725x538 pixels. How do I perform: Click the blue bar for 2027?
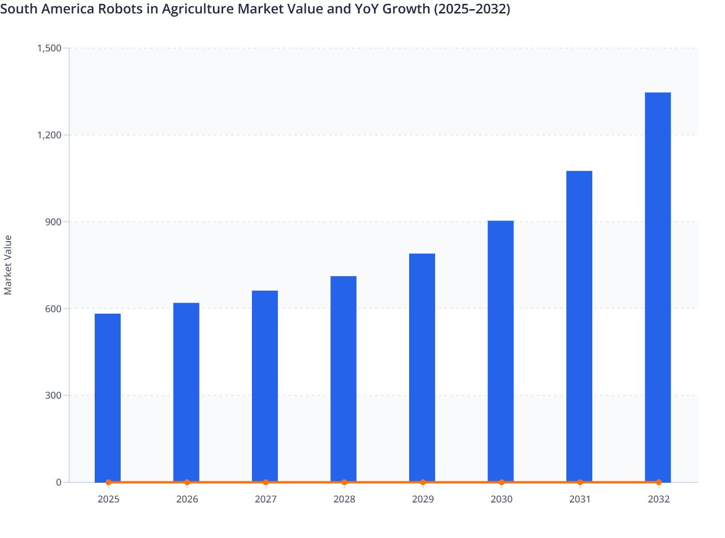[x=265, y=386]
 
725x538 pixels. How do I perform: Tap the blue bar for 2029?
[x=422, y=367]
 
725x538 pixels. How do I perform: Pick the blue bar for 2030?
[x=500, y=351]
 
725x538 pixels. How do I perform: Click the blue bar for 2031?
[x=579, y=326]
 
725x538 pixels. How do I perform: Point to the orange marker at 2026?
[x=187, y=482]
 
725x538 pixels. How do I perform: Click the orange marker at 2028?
[x=344, y=482]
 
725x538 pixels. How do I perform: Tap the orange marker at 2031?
[x=580, y=482]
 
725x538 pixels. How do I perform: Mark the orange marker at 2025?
[x=109, y=482]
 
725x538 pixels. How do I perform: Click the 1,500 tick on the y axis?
[x=49, y=48]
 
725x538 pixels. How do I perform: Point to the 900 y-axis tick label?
[x=55, y=222]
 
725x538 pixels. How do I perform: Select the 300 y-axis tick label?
[x=55, y=396]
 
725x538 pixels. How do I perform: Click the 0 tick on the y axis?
[x=59, y=482]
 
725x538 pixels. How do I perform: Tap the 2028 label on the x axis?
[x=344, y=500]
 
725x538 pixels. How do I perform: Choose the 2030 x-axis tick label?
[x=501, y=500]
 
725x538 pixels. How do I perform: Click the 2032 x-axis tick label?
[x=659, y=500]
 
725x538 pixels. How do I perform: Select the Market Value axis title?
[x=8, y=265]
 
